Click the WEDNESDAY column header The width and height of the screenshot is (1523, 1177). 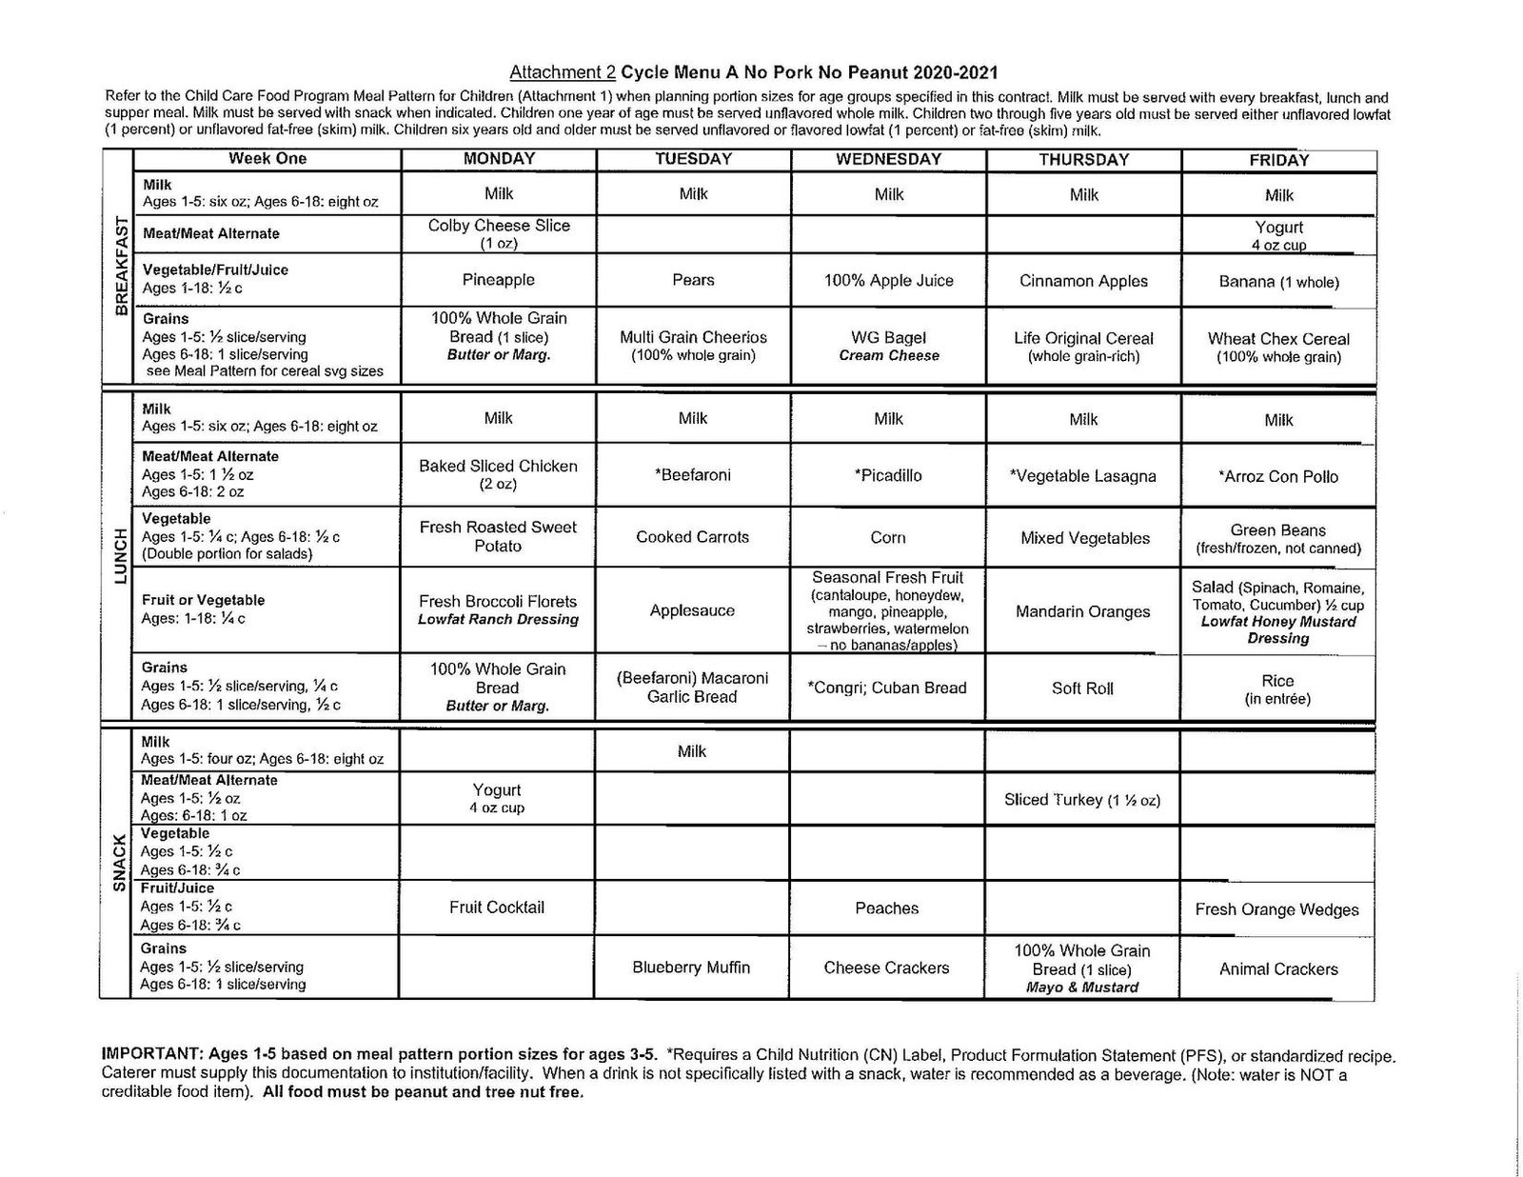pyautogui.click(x=888, y=160)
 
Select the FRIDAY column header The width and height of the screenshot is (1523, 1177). pyautogui.click(x=1278, y=161)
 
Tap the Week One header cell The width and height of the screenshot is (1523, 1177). pyautogui.click(x=267, y=159)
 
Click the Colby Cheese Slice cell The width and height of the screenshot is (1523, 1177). pyautogui.click(x=499, y=233)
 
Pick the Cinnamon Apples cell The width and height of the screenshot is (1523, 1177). pyautogui.click(x=1083, y=281)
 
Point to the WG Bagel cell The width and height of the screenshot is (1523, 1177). pyautogui.click(x=888, y=346)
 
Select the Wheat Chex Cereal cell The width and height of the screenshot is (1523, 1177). pyautogui.click(x=1278, y=348)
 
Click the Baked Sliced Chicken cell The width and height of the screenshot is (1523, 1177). pyautogui.click(x=499, y=474)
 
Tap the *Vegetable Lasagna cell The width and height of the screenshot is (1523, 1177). pyautogui.click(x=1083, y=476)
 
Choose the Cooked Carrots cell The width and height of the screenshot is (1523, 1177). pyautogui.click(x=693, y=537)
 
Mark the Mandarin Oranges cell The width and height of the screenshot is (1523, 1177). pyautogui.click(x=1083, y=611)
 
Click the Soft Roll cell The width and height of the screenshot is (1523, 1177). pyautogui.click(x=1082, y=688)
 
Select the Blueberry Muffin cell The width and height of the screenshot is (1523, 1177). pyautogui.click(x=691, y=968)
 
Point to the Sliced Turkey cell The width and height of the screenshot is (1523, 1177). pyautogui.click(x=1082, y=800)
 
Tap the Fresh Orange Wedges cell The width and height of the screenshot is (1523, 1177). pyautogui.click(x=1276, y=909)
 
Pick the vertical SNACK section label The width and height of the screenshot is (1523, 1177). pyautogui.click(x=119, y=864)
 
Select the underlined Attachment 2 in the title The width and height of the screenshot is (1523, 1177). pyautogui.click(x=563, y=72)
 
